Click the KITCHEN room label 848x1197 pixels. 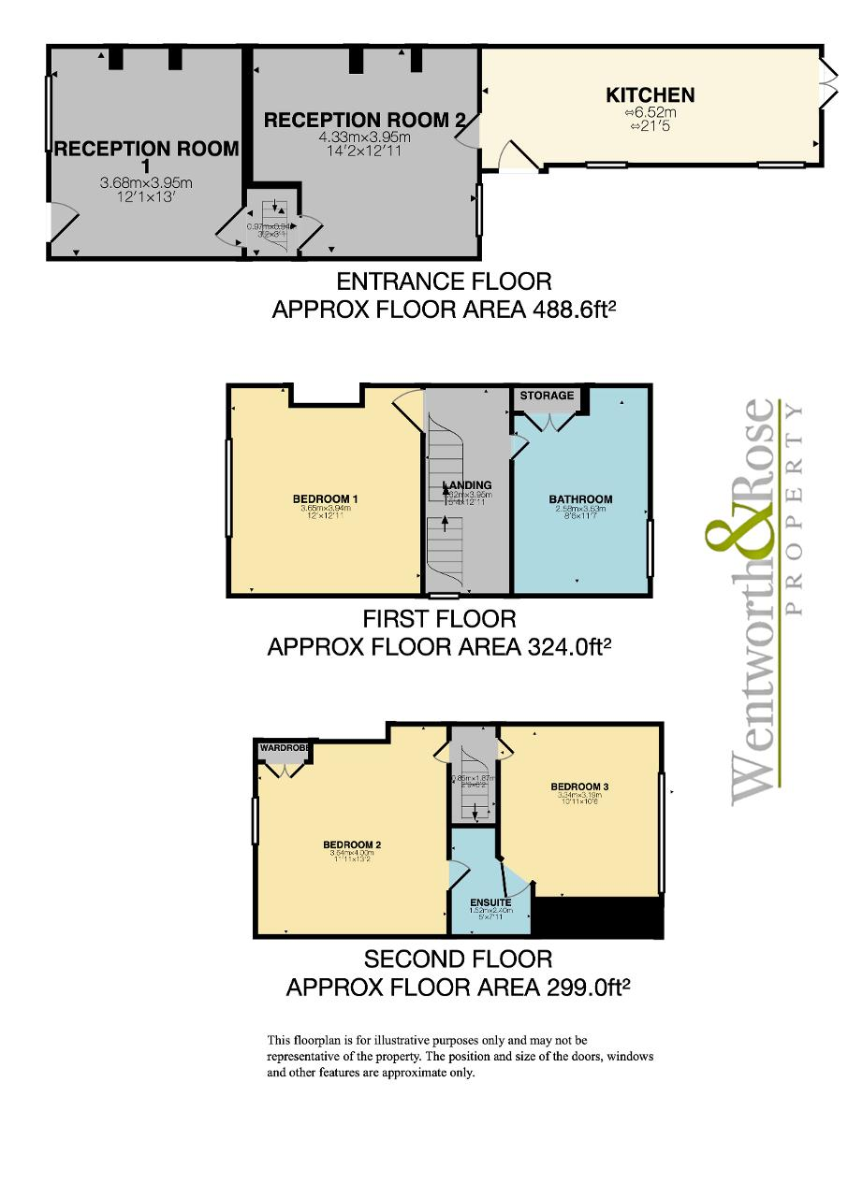point(650,94)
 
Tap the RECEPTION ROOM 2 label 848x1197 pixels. point(364,120)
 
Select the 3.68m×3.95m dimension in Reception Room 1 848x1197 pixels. point(146,182)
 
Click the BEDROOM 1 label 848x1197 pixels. point(325,498)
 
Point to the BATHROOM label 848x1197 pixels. point(580,499)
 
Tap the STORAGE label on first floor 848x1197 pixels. point(547,396)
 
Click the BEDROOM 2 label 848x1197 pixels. point(351,844)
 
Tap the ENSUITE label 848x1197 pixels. point(490,902)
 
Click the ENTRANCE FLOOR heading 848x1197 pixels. point(444,281)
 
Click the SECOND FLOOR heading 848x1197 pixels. point(458,959)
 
